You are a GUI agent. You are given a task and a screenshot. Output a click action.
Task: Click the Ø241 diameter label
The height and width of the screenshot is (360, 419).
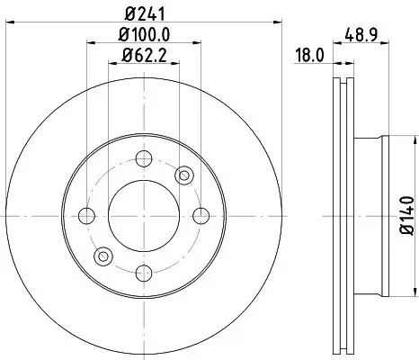(143, 13)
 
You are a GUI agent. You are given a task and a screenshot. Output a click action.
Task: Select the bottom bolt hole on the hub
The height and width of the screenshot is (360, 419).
(143, 271)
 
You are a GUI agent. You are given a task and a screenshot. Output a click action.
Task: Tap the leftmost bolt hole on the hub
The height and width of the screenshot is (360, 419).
(87, 216)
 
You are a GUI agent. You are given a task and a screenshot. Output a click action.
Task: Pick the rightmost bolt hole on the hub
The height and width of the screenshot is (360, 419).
(199, 216)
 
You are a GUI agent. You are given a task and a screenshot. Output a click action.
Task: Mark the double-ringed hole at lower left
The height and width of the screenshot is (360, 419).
(102, 257)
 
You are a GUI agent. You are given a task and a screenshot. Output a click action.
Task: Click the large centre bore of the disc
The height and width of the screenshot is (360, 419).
(143, 216)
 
